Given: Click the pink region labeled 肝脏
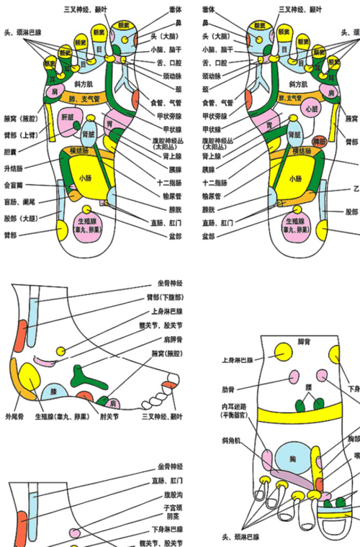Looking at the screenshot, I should pyautogui.click(x=68, y=117).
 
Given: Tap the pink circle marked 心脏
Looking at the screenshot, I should pyautogui.click(x=311, y=109).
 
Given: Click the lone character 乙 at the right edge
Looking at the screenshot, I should pyautogui.click(x=356, y=189).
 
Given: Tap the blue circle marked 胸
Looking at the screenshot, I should pyautogui.click(x=292, y=458).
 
